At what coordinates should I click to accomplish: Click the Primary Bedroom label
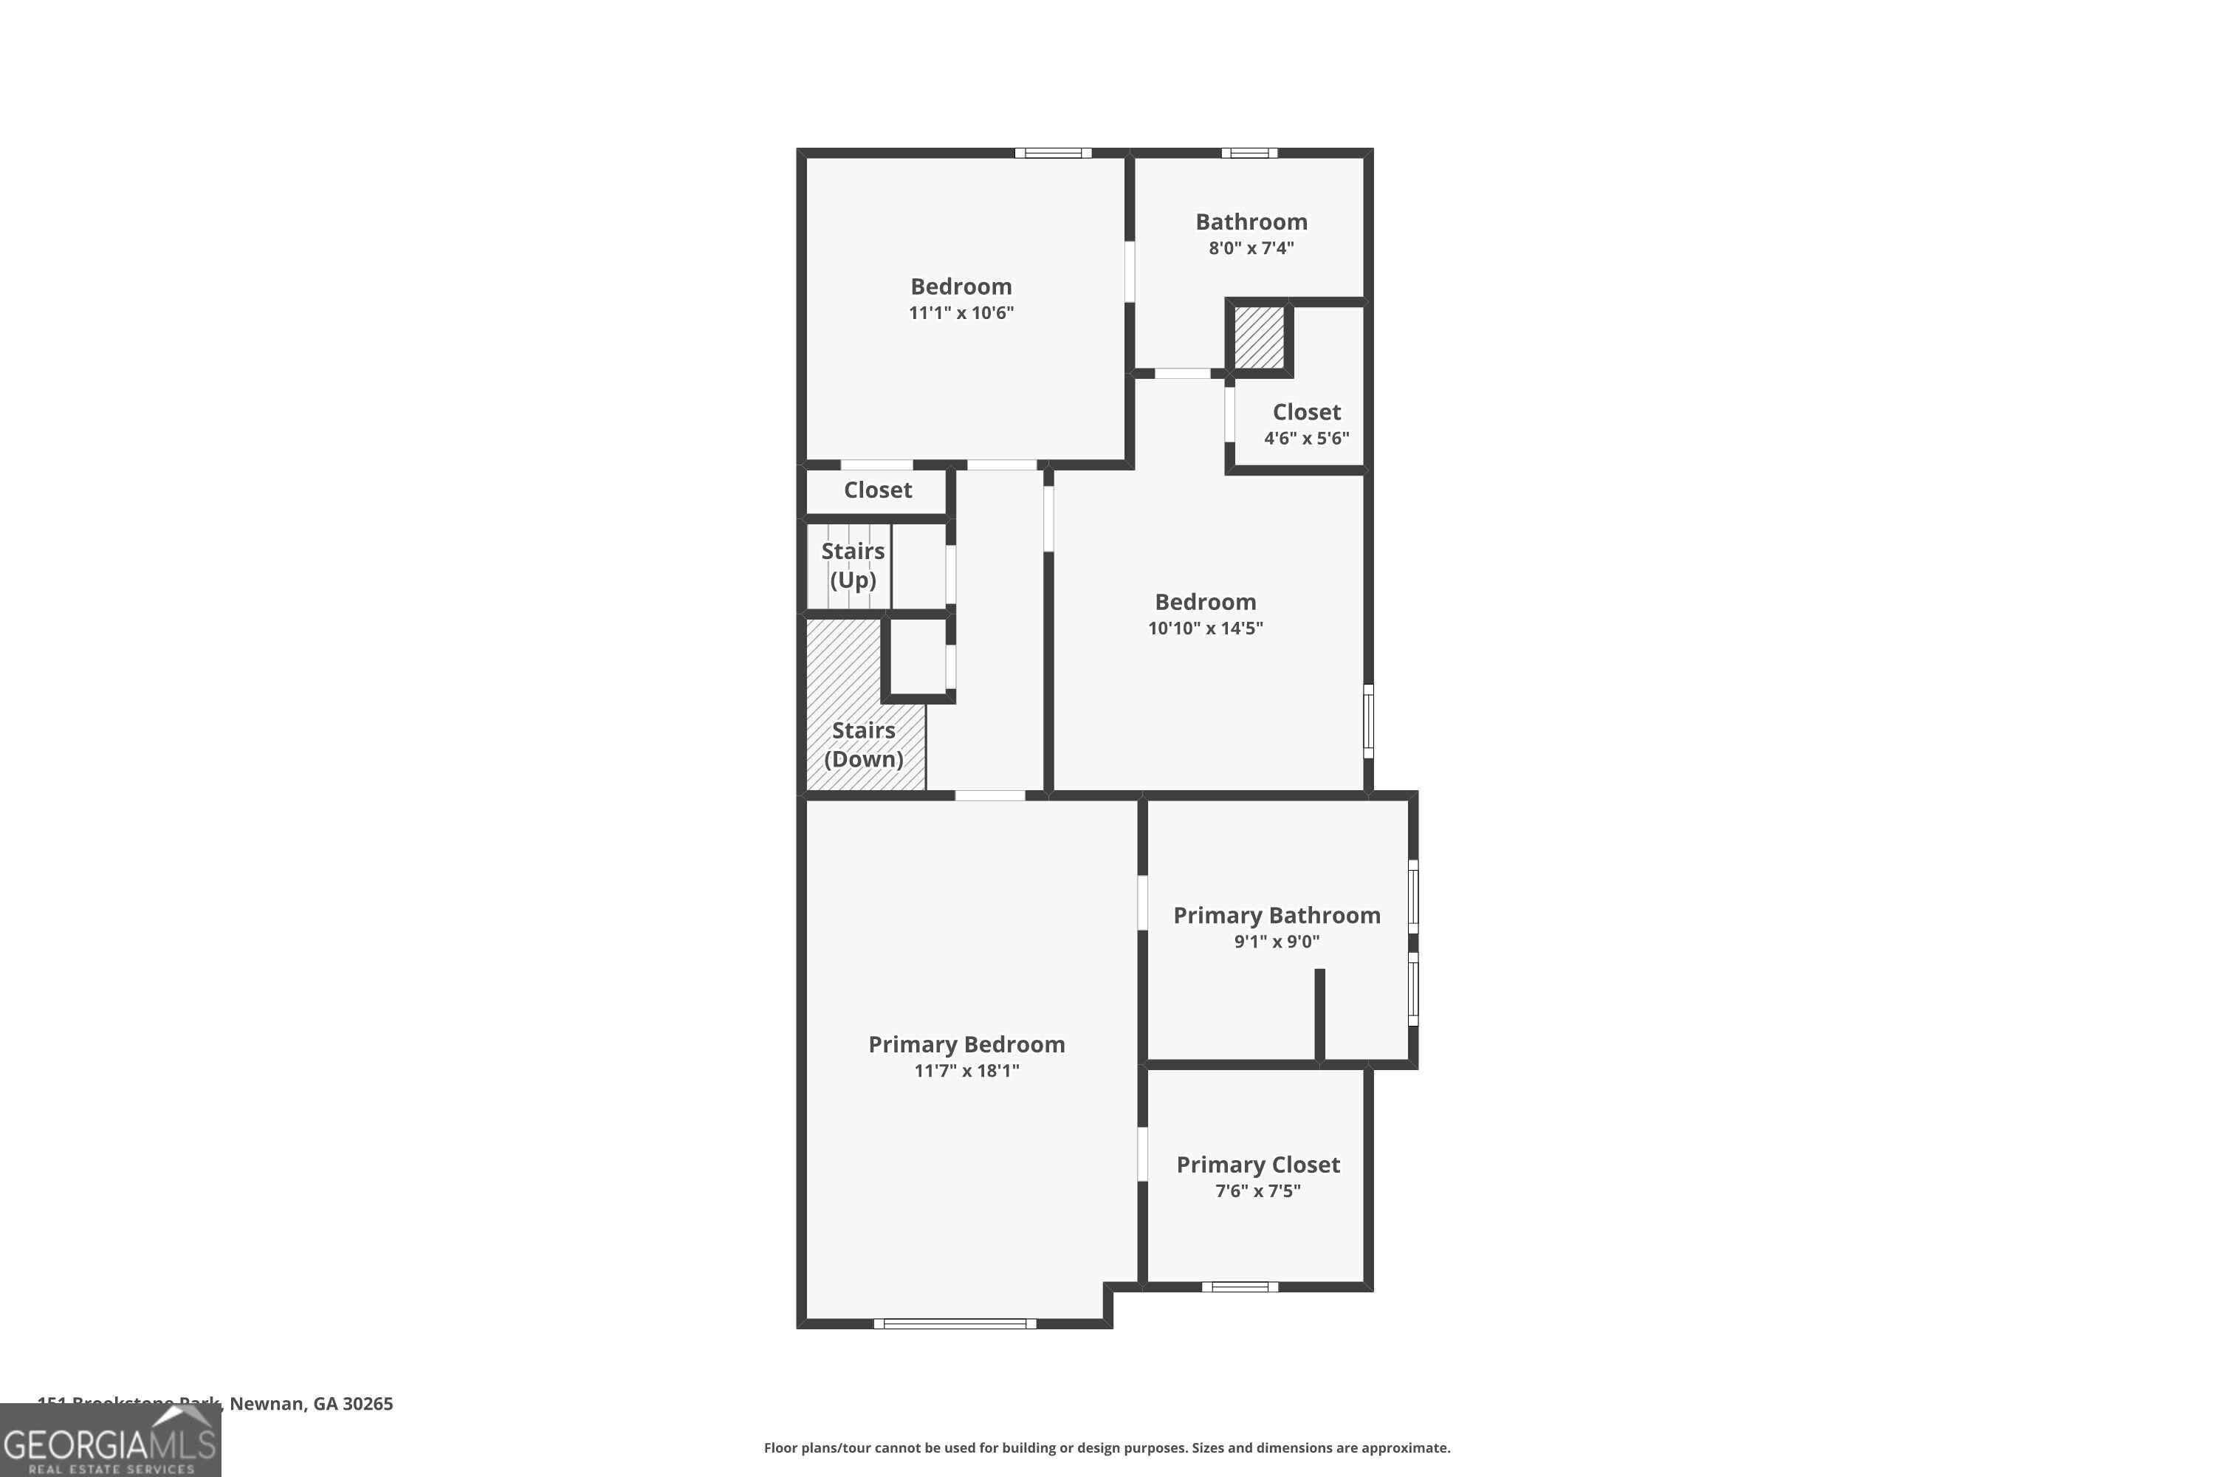tap(966, 1044)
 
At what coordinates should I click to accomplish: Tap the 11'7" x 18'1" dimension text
tap(966, 1070)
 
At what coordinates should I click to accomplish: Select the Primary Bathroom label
tap(1276, 915)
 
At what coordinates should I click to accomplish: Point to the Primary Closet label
tap(1257, 1165)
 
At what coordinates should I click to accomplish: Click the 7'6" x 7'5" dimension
tap(1257, 1190)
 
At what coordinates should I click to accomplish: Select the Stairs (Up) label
tap(852, 565)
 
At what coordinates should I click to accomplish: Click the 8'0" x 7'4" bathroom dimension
tap(1251, 247)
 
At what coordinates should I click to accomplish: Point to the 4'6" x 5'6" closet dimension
tap(1306, 438)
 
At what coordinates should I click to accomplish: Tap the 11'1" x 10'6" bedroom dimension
tap(961, 312)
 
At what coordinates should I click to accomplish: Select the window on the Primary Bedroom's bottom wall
tap(955, 1323)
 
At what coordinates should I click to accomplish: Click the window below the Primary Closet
tap(1240, 1286)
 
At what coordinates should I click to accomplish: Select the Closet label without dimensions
tap(877, 490)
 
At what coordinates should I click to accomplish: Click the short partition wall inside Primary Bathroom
tap(1319, 1015)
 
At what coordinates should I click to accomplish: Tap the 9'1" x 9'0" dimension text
tap(1276, 941)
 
